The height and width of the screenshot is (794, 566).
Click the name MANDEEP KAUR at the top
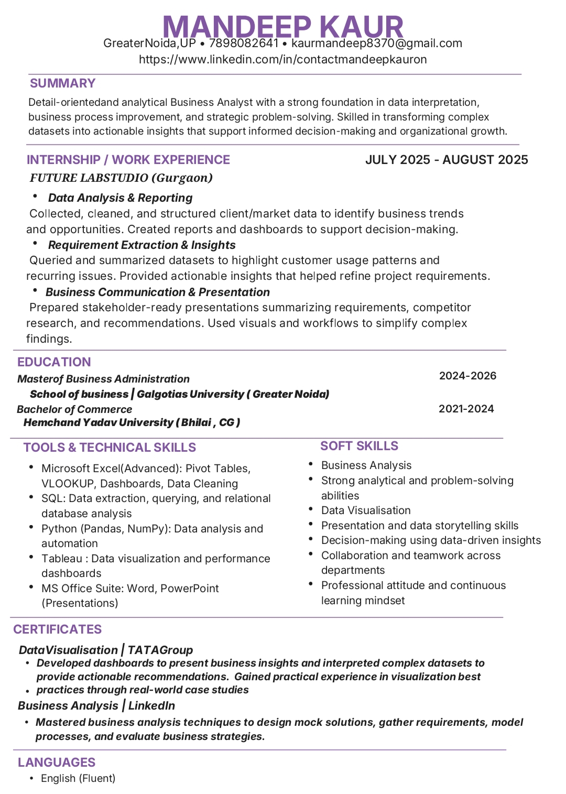click(x=283, y=25)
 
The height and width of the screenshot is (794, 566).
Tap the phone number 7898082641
click(x=244, y=43)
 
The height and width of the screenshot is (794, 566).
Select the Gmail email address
click(x=376, y=43)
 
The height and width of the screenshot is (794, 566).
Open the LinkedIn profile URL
click(x=282, y=59)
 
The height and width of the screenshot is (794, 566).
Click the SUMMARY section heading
click(x=62, y=83)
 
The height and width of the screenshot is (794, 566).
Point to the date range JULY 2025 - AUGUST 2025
click(x=447, y=160)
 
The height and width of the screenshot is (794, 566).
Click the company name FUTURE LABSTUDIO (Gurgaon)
click(x=121, y=178)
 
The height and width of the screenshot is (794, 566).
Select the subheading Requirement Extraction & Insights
click(x=141, y=245)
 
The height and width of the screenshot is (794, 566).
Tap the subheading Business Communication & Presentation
click(x=157, y=292)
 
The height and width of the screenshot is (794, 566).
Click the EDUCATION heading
click(x=54, y=362)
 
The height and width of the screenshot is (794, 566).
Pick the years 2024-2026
click(x=467, y=376)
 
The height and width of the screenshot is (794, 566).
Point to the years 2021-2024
click(x=466, y=409)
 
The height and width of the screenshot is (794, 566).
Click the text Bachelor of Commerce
click(x=74, y=409)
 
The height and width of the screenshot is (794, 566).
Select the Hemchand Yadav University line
click(x=132, y=422)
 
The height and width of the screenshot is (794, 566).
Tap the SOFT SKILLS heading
click(x=359, y=446)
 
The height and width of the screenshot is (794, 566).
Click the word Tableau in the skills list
click(x=62, y=559)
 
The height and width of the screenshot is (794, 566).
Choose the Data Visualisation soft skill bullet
click(x=366, y=510)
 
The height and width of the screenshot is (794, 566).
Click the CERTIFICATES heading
click(x=58, y=629)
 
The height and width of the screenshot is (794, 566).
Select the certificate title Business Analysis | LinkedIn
click(x=96, y=705)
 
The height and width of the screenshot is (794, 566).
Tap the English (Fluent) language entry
click(x=78, y=778)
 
